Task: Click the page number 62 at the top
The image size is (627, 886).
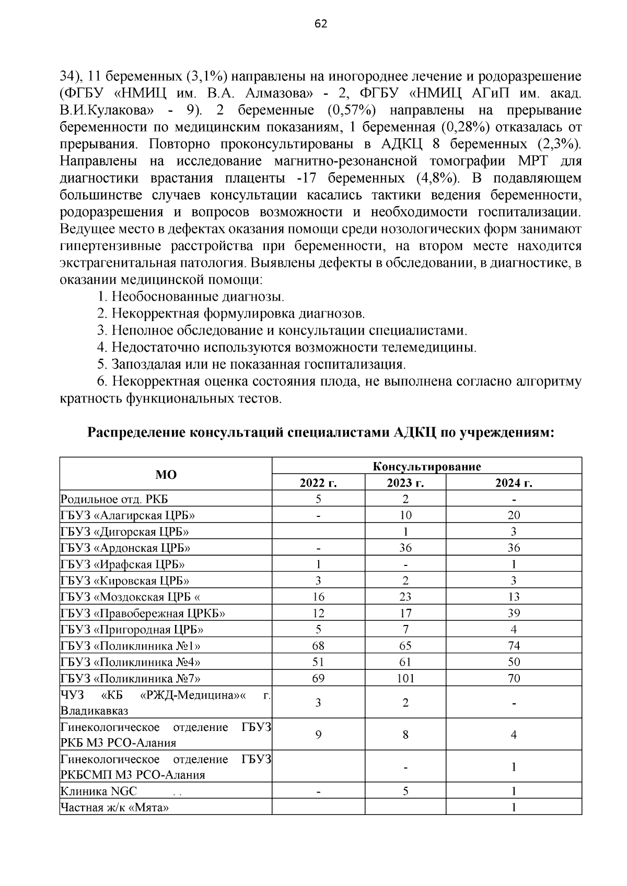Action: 321,23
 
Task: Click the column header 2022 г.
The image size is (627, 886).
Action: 318,483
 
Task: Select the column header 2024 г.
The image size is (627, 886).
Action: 513,483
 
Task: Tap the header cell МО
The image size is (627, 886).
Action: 166,475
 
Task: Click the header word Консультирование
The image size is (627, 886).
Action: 426,466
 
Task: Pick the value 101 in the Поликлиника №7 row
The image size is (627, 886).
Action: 405,678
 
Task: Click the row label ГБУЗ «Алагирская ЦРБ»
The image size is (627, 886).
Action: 128,515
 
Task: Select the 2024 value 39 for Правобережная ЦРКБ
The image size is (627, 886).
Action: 513,613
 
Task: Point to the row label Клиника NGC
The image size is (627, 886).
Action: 99,791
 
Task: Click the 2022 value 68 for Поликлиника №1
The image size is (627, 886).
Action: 318,646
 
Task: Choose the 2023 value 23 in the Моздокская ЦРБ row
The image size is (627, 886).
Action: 405,597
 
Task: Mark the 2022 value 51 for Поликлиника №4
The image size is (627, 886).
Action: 318,662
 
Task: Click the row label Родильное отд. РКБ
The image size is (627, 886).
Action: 114,499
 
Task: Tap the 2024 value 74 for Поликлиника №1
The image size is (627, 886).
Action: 513,646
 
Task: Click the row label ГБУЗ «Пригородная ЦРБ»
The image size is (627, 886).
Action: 132,629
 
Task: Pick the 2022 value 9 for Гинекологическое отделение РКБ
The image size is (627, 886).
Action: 318,735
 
